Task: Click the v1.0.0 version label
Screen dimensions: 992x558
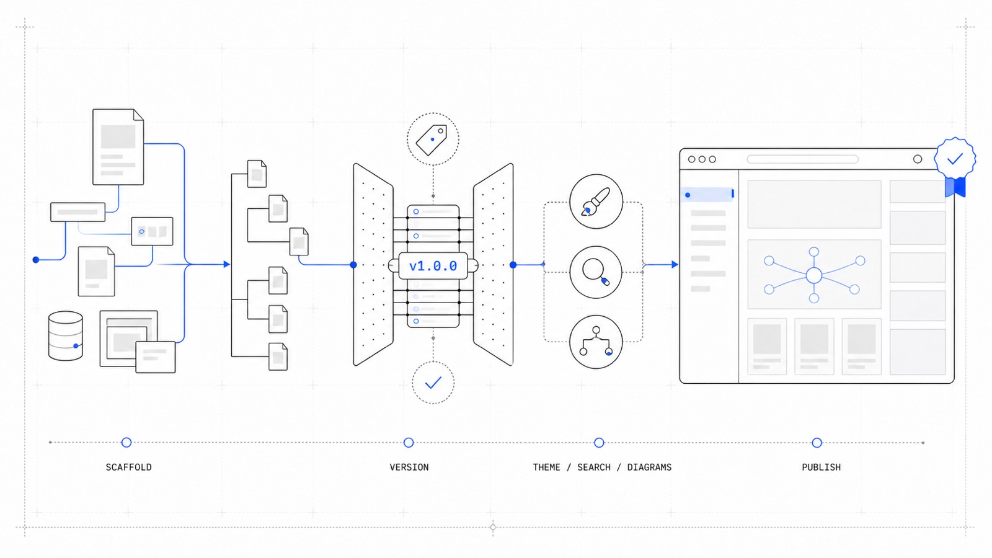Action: pos(433,266)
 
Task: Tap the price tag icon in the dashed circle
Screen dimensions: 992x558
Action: pos(432,140)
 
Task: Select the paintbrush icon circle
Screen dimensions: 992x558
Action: pos(596,201)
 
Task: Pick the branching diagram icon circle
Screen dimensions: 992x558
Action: pos(596,342)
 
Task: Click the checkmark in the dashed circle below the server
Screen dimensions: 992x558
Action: pos(433,382)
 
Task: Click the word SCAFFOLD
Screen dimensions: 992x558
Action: pos(128,467)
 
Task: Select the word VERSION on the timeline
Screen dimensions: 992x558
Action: pos(409,467)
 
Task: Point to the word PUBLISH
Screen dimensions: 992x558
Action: pos(821,467)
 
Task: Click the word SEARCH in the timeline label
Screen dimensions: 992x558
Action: pos(594,467)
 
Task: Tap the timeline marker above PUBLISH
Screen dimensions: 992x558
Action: pos(817,443)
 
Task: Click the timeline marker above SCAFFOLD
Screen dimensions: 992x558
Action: pos(126,443)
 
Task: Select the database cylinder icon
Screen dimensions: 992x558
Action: pos(66,335)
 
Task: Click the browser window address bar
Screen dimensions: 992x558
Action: pos(802,159)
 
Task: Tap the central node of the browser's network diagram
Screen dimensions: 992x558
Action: pos(814,275)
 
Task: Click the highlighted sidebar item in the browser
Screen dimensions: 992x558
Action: pos(707,195)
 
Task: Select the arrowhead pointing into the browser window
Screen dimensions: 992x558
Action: pos(675,264)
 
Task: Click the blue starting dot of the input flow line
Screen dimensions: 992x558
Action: pos(36,260)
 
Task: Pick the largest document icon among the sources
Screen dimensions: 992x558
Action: pos(118,147)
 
